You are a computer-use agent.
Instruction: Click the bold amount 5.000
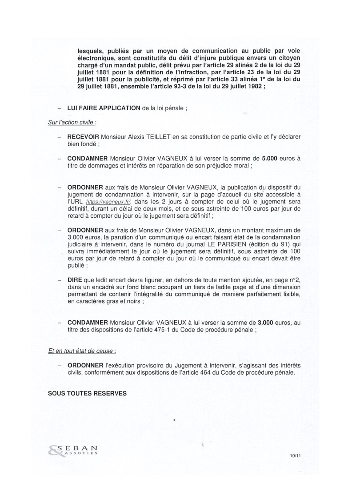[272, 158]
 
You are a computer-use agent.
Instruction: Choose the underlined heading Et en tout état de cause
[82, 350]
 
